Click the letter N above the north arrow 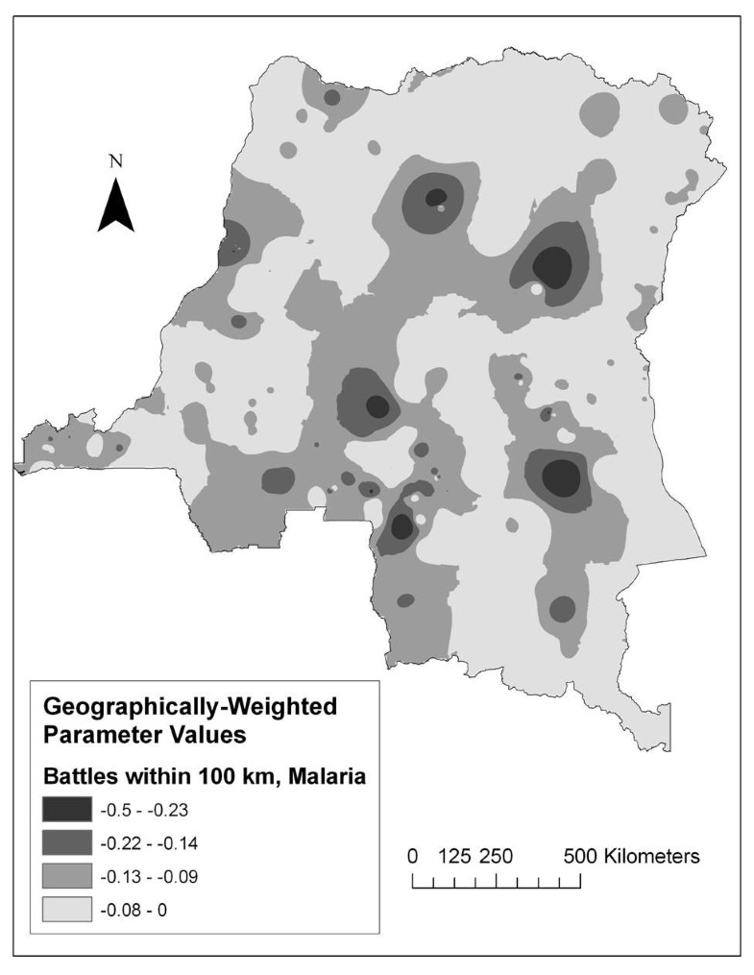116,161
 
